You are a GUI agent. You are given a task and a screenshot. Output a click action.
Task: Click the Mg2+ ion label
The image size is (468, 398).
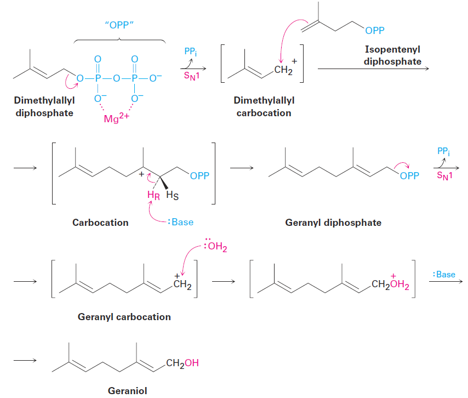tap(116, 118)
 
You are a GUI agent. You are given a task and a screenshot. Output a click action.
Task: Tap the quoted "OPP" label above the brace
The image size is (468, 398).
tap(119, 25)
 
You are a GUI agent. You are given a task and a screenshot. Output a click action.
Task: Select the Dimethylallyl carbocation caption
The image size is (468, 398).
tap(264, 106)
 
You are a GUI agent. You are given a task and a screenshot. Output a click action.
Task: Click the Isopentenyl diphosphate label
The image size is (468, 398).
tap(392, 55)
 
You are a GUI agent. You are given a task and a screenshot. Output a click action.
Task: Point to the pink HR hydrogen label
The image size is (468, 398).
tap(153, 196)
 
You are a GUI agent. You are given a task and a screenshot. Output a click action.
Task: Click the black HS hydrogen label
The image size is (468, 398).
tap(172, 196)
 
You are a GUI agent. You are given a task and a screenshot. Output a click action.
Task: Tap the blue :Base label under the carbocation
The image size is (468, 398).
tap(181, 222)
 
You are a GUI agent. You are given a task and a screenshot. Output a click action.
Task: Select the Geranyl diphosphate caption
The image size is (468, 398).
tap(333, 223)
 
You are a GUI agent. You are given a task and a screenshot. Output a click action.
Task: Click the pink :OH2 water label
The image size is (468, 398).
tap(216, 246)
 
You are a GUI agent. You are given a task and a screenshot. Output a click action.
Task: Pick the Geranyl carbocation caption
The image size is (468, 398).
tap(124, 316)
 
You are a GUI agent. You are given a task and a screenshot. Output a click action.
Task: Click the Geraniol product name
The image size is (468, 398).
tap(128, 390)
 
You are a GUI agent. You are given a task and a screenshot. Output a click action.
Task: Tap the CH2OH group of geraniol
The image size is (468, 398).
tap(182, 363)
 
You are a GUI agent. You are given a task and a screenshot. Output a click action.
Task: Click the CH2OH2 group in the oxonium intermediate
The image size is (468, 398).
tap(390, 283)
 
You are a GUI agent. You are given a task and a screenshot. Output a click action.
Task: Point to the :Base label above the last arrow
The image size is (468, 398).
tap(444, 275)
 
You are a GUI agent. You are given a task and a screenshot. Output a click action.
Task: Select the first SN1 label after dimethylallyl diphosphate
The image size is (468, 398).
tap(192, 76)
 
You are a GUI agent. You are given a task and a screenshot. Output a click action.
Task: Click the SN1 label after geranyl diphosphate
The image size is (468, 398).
tap(445, 175)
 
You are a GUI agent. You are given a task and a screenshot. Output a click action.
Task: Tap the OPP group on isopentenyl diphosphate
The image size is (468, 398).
tap(375, 31)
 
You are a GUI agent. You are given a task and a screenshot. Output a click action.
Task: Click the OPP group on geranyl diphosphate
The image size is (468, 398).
tap(409, 176)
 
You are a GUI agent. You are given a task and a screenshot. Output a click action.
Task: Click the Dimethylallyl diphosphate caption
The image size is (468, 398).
tap(44, 106)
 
